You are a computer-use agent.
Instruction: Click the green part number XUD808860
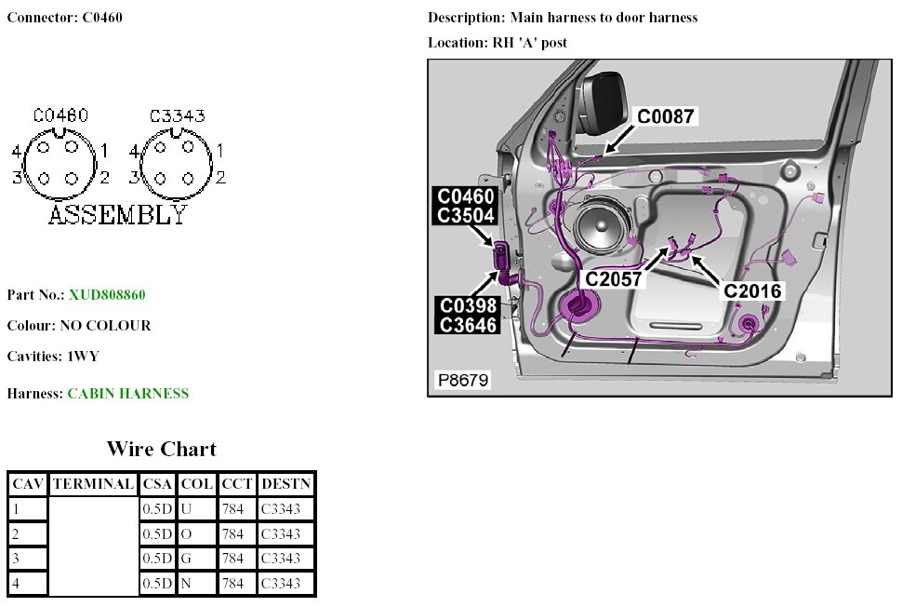pos(107,295)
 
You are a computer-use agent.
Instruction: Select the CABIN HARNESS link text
pos(127,394)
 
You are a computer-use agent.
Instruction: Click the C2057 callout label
pos(615,277)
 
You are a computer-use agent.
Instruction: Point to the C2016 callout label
pos(752,290)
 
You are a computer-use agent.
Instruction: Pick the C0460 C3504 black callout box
pos(467,206)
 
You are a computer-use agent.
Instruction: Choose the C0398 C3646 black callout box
pos(468,315)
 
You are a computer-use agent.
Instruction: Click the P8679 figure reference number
pos(463,380)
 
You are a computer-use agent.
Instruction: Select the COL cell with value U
pos(196,509)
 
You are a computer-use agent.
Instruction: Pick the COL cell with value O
pos(196,534)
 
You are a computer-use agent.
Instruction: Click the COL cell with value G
pos(196,559)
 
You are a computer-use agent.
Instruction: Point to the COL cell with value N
pos(196,584)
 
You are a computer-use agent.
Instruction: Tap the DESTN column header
pos(286,484)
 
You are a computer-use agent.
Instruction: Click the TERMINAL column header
pos(93,484)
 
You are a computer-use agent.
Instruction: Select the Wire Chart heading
pos(161,449)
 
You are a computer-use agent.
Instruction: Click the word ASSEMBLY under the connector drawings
pos(117,215)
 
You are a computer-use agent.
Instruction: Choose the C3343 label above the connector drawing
pos(177,116)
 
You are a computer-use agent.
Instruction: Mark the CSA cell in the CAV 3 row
pos(157,559)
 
